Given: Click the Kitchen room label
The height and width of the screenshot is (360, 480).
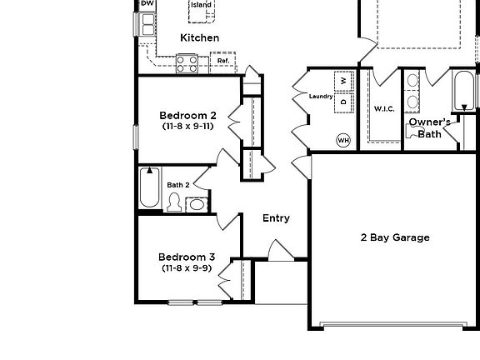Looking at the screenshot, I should (200, 37).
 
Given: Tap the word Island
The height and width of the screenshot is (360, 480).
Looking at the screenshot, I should (201, 5).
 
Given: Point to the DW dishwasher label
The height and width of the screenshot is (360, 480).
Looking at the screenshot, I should (147, 4).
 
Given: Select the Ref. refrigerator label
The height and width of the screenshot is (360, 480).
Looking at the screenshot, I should (223, 61).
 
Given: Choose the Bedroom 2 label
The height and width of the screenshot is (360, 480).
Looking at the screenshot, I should (187, 115).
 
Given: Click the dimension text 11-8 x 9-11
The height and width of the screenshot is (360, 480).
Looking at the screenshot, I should (187, 127).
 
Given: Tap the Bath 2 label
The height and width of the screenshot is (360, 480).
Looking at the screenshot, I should (178, 185).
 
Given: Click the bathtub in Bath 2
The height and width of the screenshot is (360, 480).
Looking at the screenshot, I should (150, 187).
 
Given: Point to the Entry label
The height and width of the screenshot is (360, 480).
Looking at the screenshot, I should (276, 218).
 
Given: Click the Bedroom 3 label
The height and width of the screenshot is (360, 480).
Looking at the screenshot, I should (187, 257).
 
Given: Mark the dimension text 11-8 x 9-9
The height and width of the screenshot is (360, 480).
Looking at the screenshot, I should (187, 268).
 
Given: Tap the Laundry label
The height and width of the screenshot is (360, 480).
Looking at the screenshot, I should (321, 97).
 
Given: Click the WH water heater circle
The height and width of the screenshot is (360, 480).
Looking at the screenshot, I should (343, 140).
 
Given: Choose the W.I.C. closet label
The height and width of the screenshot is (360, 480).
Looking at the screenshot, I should (384, 109).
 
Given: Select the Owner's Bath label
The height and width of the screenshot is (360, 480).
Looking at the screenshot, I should (429, 127).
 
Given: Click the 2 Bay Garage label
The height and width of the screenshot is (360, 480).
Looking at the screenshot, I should (395, 237).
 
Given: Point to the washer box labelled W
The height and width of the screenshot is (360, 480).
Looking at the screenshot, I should (342, 82).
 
